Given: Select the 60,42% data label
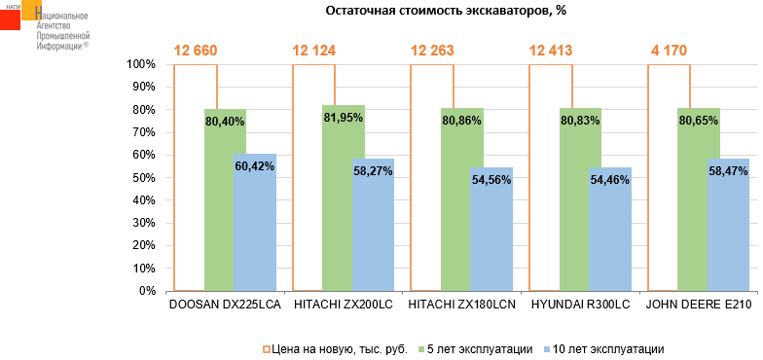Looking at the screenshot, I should click(x=254, y=166).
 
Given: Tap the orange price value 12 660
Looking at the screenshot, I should click(x=196, y=51).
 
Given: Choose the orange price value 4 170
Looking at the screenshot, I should click(x=668, y=51).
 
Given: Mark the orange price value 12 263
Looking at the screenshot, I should click(x=432, y=51).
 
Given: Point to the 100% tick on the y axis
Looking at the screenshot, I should click(x=141, y=64).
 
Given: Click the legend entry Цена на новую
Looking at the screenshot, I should click(x=336, y=347).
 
